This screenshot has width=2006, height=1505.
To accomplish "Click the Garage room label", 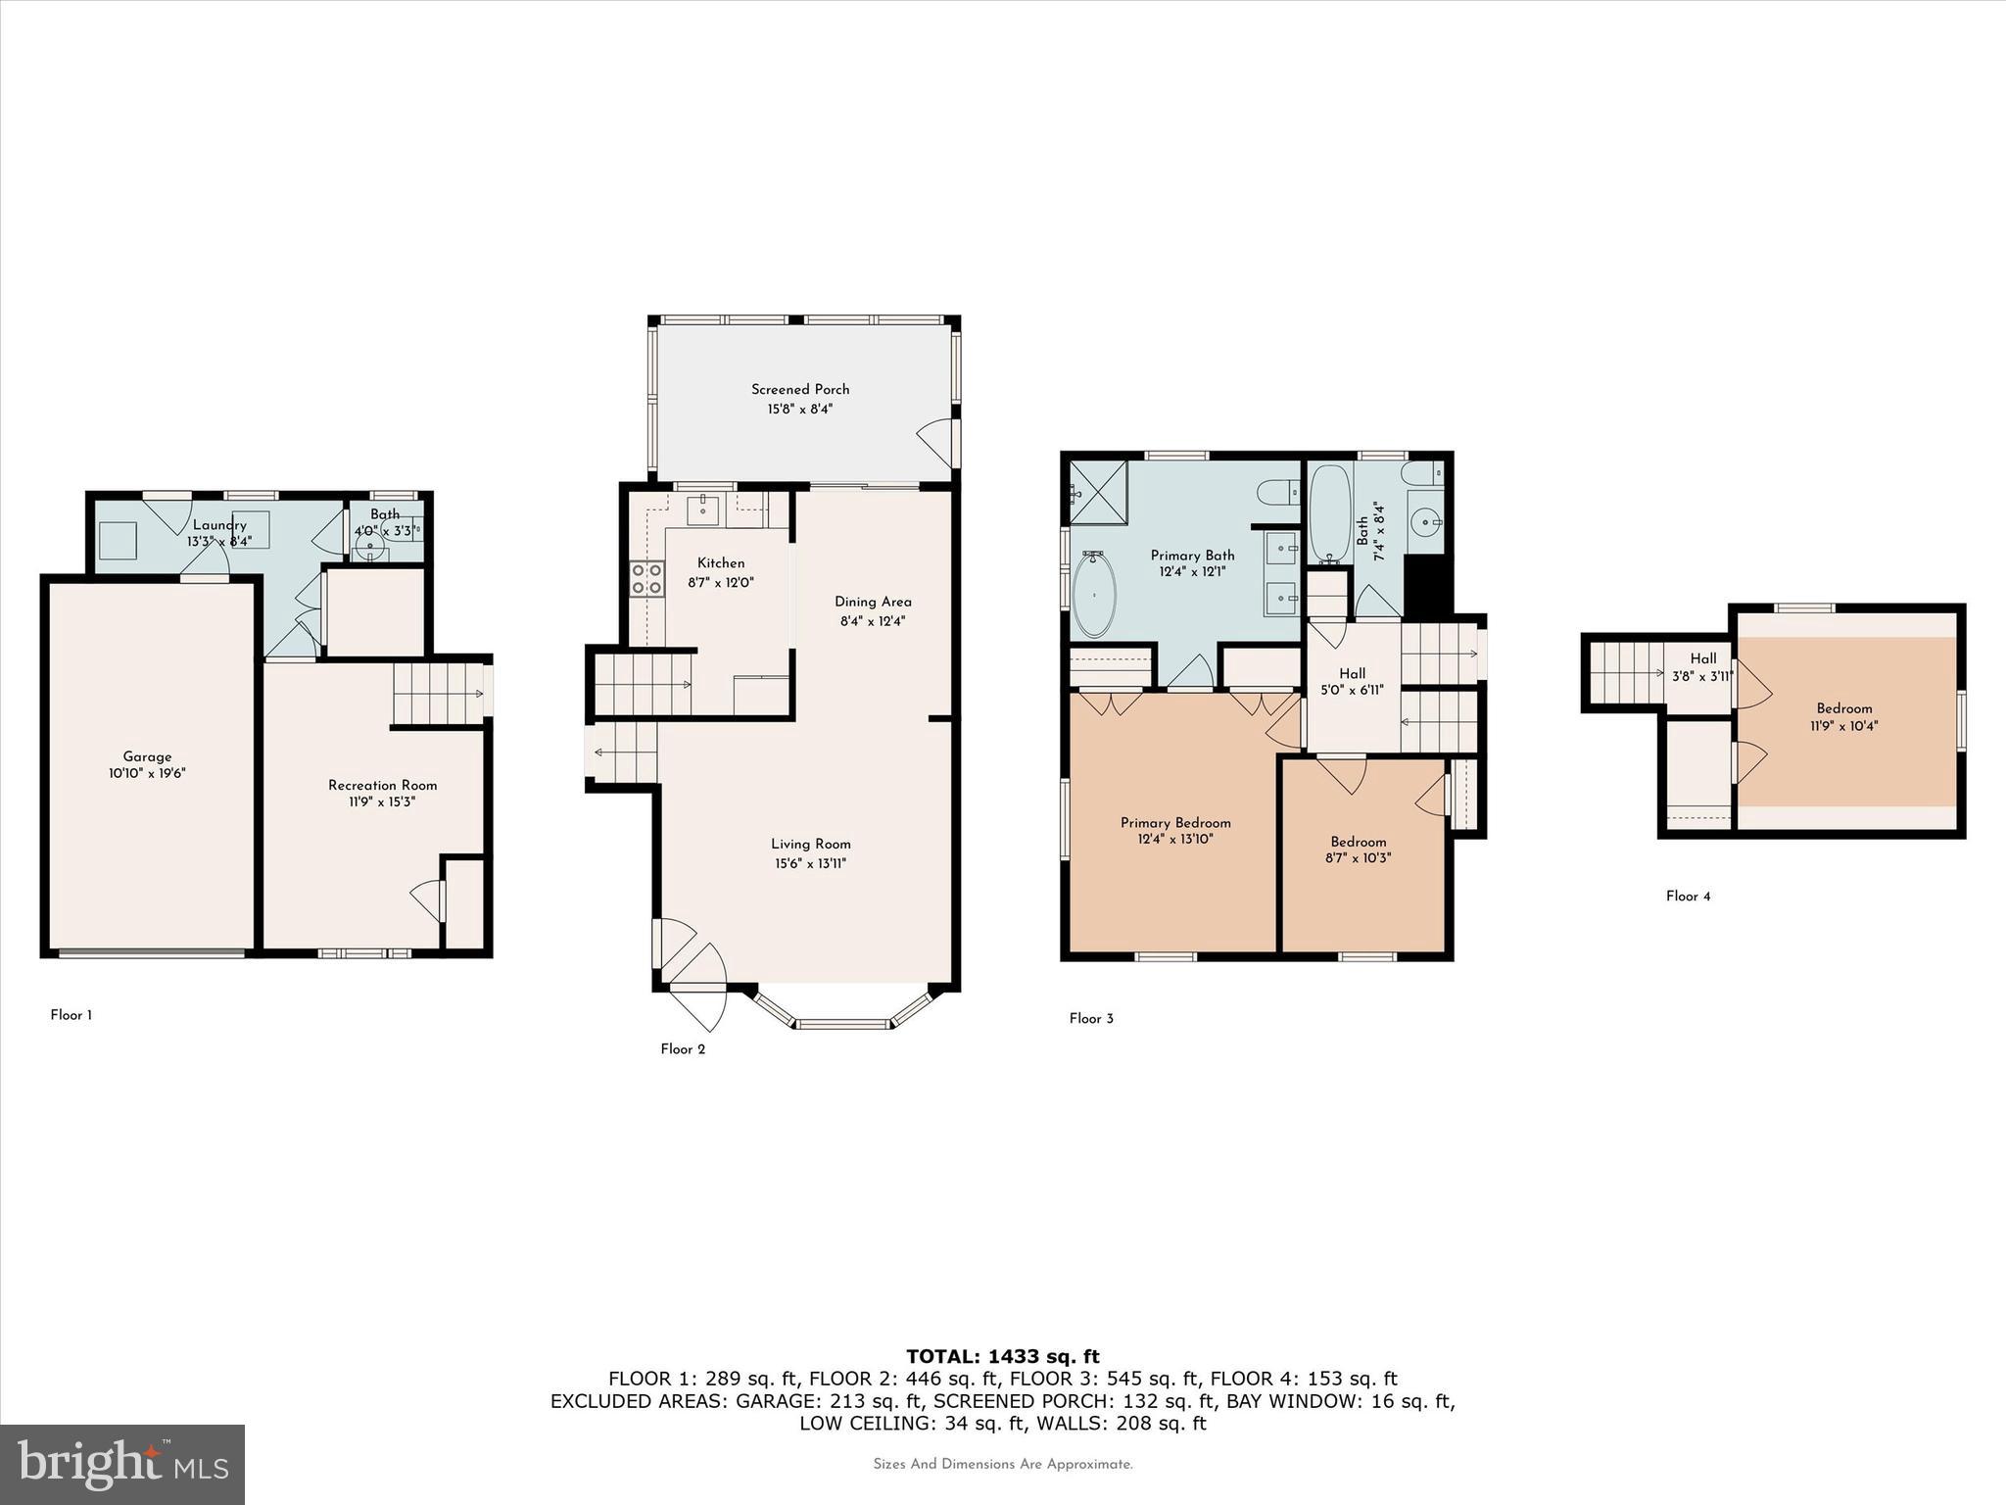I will click(x=147, y=756).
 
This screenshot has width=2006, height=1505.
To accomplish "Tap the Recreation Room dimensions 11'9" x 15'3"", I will click(x=382, y=802).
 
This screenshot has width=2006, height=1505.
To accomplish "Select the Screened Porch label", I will click(x=800, y=389).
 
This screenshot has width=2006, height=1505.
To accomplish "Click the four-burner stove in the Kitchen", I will click(x=646, y=578).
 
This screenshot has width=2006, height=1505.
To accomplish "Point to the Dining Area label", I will click(x=873, y=602).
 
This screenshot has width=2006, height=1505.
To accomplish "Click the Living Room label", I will click(x=810, y=844).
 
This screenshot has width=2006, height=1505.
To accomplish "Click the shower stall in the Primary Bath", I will click(x=1097, y=492).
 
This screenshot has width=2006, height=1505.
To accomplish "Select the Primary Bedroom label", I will click(x=1175, y=822).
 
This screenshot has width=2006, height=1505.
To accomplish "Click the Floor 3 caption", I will click(x=1091, y=1018).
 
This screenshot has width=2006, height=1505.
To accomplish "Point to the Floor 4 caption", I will click(x=1688, y=896).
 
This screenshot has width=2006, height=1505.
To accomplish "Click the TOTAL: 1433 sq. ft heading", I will click(x=1002, y=1356).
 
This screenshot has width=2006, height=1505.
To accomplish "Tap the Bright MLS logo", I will click(x=122, y=1464).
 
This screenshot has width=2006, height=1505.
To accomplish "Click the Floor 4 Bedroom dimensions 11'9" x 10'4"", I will click(x=1844, y=726).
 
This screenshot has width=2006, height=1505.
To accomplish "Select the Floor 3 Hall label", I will click(x=1352, y=673).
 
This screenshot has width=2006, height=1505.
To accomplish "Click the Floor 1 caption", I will click(x=72, y=1015).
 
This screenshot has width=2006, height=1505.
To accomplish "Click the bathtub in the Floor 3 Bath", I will click(x=1329, y=513).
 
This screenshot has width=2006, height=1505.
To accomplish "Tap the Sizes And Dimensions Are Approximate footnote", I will click(x=1002, y=1464).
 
